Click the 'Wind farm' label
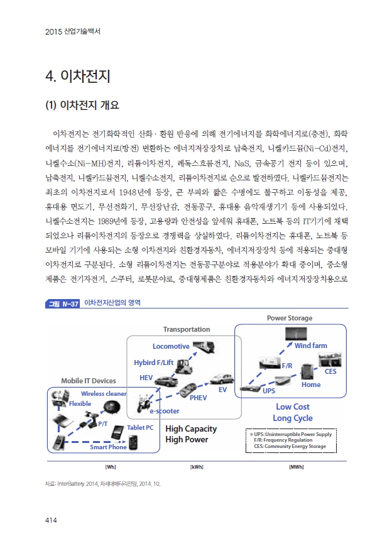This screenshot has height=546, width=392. point(310,346)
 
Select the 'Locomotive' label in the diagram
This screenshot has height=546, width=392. point(171,346)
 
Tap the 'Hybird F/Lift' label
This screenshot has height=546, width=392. point(153,363)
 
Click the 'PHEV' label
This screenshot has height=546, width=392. point(199,398)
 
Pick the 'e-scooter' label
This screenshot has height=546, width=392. point(164,410)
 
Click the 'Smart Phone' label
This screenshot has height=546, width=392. point(108,447)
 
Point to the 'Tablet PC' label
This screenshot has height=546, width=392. point(140,427)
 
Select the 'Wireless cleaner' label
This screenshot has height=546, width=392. point(104,393)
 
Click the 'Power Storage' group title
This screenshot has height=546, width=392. point(289,318)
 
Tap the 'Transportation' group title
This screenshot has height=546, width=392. point(187,329)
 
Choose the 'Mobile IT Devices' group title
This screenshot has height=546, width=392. point(88,381)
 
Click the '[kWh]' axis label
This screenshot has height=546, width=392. point(195,467)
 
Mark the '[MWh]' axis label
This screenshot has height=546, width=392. point(297,467)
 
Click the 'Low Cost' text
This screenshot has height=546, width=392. point(293,407)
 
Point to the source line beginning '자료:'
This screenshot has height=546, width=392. point(103,484)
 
